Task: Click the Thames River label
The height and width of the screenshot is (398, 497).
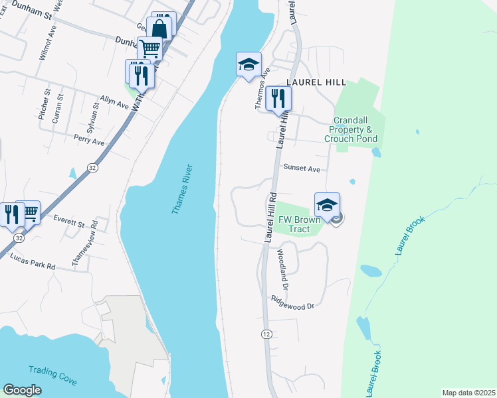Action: pyautogui.click(x=181, y=188)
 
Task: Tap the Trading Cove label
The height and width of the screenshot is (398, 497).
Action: pyautogui.click(x=52, y=375)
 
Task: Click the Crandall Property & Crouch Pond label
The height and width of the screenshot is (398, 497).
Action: pyautogui.click(x=351, y=129)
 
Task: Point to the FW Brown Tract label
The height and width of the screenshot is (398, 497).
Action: pyautogui.click(x=294, y=224)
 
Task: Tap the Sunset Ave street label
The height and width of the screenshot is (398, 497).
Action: pyautogui.click(x=302, y=168)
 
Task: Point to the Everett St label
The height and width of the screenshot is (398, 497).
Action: pyautogui.click(x=69, y=218)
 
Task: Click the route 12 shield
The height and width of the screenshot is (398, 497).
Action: pyautogui.click(x=266, y=333)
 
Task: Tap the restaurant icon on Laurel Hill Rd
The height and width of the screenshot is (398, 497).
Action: pyautogui.click(x=278, y=98)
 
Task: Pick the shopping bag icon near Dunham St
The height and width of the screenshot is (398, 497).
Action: pyautogui.click(x=160, y=29)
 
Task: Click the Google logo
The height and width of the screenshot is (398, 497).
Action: pyautogui.click(x=22, y=390)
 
